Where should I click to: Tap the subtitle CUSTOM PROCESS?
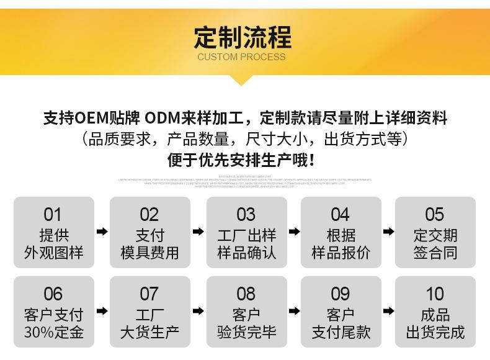pyautogui.click(x=242, y=57)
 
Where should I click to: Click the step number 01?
pyautogui.click(x=53, y=215)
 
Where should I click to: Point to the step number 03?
pyautogui.click(x=246, y=215)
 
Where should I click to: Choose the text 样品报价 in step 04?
pyautogui.click(x=341, y=253)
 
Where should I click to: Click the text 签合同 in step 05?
pyautogui.click(x=435, y=253)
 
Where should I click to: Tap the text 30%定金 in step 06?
pyautogui.click(x=53, y=331)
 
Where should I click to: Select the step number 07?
pyautogui.click(x=149, y=294)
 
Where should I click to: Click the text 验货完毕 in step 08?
pyautogui.click(x=246, y=331)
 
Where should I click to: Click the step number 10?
pyautogui.click(x=435, y=294)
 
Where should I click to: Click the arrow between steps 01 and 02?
pyautogui.click(x=102, y=232)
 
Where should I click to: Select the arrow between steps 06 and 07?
pyautogui.click(x=102, y=310)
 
